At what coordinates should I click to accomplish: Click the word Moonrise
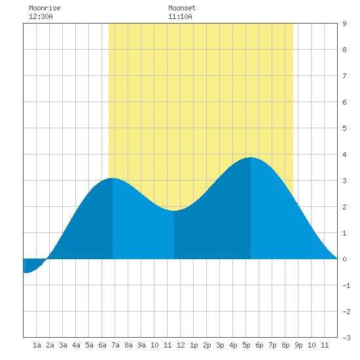45,8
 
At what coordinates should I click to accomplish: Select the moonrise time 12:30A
41,16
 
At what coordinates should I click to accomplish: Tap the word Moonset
182,8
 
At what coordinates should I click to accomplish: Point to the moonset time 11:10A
180,16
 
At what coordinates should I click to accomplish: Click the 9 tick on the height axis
344,24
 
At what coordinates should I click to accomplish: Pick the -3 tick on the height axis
346,338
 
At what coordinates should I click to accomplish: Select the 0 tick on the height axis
344,259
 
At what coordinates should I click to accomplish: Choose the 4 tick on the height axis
344,154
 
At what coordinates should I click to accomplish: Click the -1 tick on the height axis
346,285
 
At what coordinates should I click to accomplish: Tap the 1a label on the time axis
37,345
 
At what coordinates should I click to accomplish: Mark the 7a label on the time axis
115,345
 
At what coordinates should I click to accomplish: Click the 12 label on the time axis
181,345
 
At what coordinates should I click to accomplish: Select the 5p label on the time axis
246,345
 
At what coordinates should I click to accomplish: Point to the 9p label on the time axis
298,345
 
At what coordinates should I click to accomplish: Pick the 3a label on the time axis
63,345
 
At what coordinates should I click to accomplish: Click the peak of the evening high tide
251,158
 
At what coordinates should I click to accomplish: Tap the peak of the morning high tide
113,178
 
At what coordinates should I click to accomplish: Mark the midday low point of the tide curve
174,210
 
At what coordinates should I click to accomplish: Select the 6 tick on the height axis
344,102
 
